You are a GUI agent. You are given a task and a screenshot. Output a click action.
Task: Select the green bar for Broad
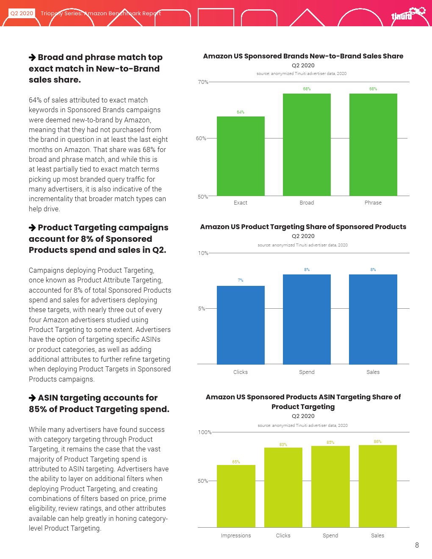(x=307, y=144)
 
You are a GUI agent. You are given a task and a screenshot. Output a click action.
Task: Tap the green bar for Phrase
(x=373, y=144)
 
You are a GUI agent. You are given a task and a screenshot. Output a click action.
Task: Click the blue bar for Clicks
(x=241, y=325)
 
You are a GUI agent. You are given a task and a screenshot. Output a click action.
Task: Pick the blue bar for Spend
(x=307, y=319)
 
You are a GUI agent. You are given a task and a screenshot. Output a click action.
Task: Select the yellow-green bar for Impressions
(x=236, y=496)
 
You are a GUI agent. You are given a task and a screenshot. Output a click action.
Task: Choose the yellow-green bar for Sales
(x=377, y=486)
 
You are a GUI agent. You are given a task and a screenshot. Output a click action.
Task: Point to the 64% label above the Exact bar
(x=241, y=112)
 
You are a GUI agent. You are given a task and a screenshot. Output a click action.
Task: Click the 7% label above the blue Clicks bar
(x=241, y=280)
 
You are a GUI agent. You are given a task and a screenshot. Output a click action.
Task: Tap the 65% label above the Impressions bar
(x=236, y=462)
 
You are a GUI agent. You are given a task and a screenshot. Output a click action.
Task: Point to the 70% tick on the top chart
(x=203, y=82)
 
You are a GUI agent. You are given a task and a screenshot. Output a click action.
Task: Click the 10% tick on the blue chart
(x=203, y=253)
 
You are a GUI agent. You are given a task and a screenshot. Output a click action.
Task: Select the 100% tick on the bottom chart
(x=205, y=432)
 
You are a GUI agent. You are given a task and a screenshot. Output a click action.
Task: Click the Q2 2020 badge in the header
(x=22, y=13)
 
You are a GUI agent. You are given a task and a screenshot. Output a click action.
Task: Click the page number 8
(x=417, y=545)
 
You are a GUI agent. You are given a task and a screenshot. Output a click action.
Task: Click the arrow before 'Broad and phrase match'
(x=32, y=58)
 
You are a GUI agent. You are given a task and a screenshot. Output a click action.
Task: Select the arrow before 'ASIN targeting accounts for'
(x=32, y=398)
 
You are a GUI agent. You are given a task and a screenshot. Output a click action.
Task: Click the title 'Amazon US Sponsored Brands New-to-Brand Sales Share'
(x=303, y=56)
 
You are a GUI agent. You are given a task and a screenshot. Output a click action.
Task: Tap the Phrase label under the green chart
(x=373, y=203)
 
